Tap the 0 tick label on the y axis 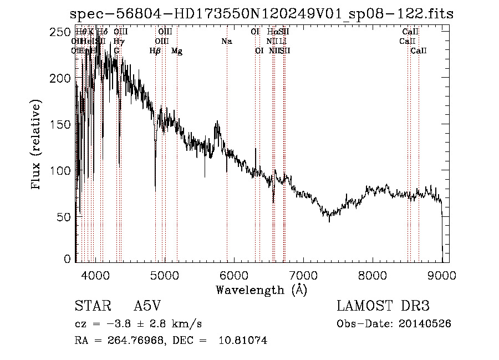[x=68, y=259]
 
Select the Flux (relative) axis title [x=37, y=145]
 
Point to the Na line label [x=226, y=42]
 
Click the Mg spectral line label [x=177, y=51]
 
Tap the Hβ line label [x=155, y=51]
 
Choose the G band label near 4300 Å [x=116, y=51]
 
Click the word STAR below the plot [x=89, y=306]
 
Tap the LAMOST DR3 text [x=383, y=306]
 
